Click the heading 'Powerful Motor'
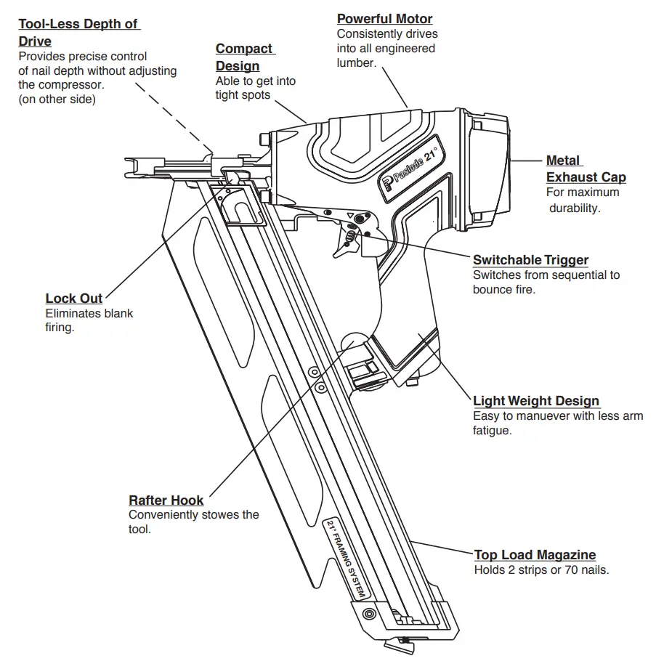pos(384,19)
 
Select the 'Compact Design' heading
pos(245,57)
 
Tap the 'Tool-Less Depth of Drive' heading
pos(78,32)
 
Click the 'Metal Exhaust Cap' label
pos(586,169)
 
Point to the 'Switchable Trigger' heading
pos(530,259)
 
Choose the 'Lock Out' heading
pos(73,299)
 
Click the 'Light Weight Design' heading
pos(535,400)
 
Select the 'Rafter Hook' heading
pos(166,500)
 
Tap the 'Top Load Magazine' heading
pos(535,554)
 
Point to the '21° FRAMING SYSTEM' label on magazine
pos(348,559)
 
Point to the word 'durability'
pos(575,207)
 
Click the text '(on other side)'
pos(57,100)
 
